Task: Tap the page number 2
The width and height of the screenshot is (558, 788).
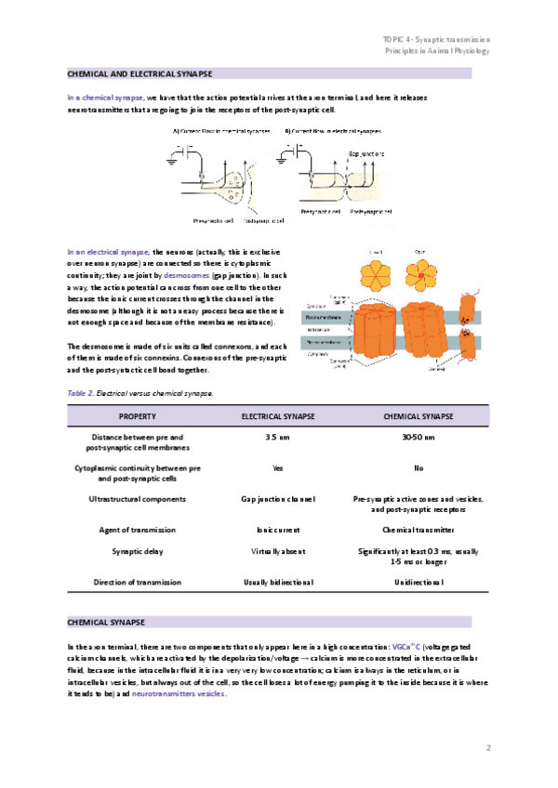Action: point(487,747)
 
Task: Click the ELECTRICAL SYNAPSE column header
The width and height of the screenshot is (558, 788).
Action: point(277,416)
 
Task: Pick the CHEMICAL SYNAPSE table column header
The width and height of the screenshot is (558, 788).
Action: point(418,416)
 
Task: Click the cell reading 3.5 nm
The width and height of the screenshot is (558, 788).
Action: point(277,437)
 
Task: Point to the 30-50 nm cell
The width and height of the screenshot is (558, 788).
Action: point(418,437)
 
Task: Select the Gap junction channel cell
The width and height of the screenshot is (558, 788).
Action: point(277,499)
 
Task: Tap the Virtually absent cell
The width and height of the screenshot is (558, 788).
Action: point(277,551)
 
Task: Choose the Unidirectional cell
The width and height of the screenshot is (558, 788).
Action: point(418,583)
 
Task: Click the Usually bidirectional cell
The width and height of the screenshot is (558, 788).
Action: point(277,583)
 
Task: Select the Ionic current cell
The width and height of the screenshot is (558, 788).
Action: point(277,530)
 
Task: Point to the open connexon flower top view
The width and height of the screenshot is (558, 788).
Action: point(419,272)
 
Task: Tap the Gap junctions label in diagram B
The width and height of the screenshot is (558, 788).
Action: point(366,153)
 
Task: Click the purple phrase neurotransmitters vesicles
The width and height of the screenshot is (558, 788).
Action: point(179,693)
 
